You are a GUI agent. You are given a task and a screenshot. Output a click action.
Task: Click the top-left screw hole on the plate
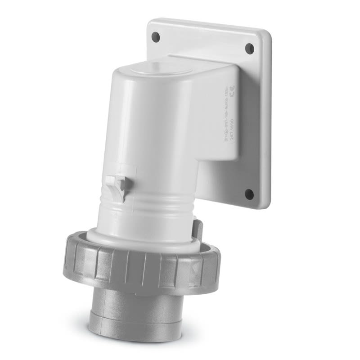[156, 34]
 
